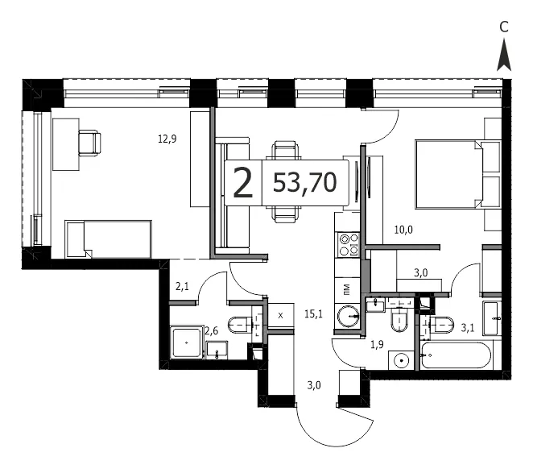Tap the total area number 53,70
pos(304,183)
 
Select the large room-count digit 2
pos(243,184)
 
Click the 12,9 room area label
pos(167,139)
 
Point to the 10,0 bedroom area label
pos(403,230)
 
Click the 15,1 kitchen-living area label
pos(313,314)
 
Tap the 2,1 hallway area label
pos(182,287)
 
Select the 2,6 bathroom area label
pos(211,330)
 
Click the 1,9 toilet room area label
pos(377,345)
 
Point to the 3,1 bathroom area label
pos(468,328)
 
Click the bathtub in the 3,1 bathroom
pos(456,355)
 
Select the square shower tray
pos(186,342)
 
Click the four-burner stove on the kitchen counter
pos(347,244)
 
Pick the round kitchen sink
pos(348,316)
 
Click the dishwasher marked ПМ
pos(347,290)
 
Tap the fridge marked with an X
pos(281,315)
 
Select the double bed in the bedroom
pos(458,174)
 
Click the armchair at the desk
pos(89,143)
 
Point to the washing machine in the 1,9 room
pos(402,360)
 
